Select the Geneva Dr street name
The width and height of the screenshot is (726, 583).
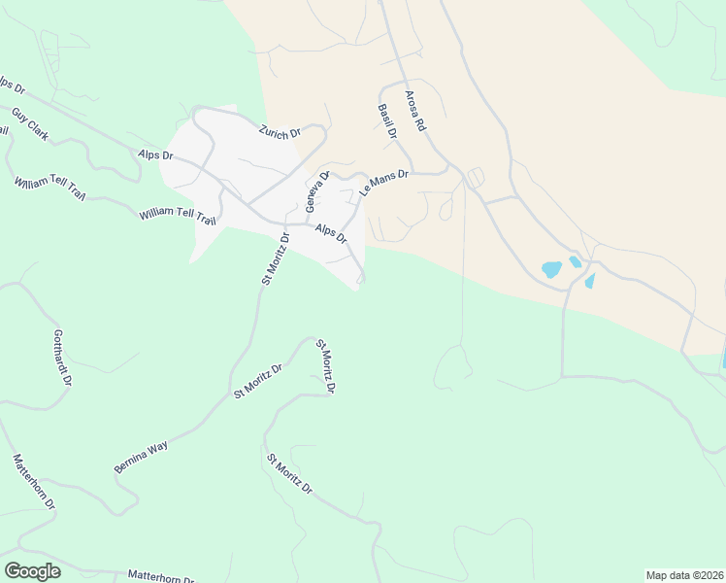tap(317, 190)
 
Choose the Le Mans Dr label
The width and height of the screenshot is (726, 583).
tap(384, 184)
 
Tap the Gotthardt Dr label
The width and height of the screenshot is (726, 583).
tap(62, 357)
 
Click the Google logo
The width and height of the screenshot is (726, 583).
tap(32, 571)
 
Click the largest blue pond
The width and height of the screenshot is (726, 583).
tap(551, 269)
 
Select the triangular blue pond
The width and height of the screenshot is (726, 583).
tap(589, 281)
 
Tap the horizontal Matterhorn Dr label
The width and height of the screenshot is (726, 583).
tap(161, 576)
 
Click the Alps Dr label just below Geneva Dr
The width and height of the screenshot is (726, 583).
tap(331, 236)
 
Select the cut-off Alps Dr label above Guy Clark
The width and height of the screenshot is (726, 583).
tap(12, 86)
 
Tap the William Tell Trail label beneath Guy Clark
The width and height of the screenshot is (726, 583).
tap(49, 189)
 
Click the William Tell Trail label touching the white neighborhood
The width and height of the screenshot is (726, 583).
tap(176, 214)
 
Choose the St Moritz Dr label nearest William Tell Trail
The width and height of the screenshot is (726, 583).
tap(275, 258)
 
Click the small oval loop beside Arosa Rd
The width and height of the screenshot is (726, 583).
tap(475, 178)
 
